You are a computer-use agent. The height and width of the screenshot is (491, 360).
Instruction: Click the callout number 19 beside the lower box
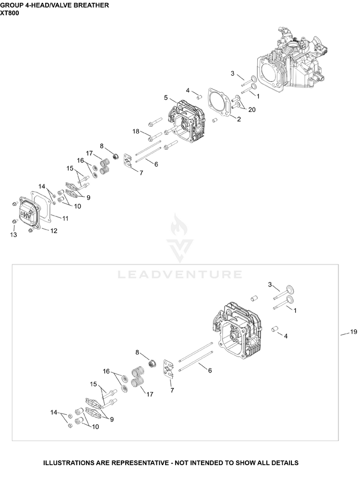353,332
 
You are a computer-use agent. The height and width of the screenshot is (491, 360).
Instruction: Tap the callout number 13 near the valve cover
13,235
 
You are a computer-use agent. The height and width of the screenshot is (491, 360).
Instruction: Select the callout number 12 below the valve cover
54,231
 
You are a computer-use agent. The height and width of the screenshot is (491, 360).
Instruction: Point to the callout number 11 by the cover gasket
65,218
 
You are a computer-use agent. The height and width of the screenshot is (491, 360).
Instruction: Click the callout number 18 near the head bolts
135,131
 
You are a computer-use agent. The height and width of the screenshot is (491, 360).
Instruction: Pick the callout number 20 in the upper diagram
252,109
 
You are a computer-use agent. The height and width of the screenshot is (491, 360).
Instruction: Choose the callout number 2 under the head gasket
239,119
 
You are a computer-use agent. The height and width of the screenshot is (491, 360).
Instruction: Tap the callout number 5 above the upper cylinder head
166,98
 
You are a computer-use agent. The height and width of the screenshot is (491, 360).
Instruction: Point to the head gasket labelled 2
221,102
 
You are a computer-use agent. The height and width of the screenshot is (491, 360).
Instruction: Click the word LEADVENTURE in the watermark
180,275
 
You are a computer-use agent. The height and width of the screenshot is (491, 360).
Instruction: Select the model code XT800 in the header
10,13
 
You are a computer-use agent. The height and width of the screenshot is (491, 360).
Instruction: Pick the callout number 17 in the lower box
150,394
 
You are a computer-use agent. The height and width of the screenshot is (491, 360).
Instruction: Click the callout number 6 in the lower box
210,371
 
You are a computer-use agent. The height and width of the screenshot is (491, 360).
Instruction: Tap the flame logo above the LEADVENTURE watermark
180,225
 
